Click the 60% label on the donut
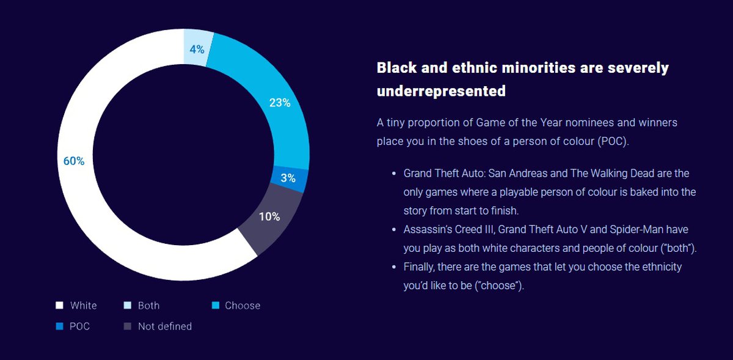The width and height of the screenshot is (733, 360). pos(74,161)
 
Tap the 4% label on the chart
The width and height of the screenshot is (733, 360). pos(197,50)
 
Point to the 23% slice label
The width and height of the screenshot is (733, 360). pos(279,103)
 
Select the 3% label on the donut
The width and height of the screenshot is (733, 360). pos(288,178)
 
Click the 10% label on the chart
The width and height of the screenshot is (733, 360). pos(269,216)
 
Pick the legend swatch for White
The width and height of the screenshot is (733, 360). pos(59,306)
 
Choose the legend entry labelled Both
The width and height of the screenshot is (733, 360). pos(148,306)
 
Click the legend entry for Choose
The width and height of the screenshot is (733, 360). pos(242,306)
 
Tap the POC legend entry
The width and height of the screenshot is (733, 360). pos(79,326)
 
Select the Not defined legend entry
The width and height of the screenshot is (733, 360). pos(164,326)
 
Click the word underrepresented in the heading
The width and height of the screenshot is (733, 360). pos(441,91)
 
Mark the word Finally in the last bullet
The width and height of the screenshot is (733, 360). pos(420,267)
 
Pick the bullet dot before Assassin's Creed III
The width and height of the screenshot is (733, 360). pos(394,230)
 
